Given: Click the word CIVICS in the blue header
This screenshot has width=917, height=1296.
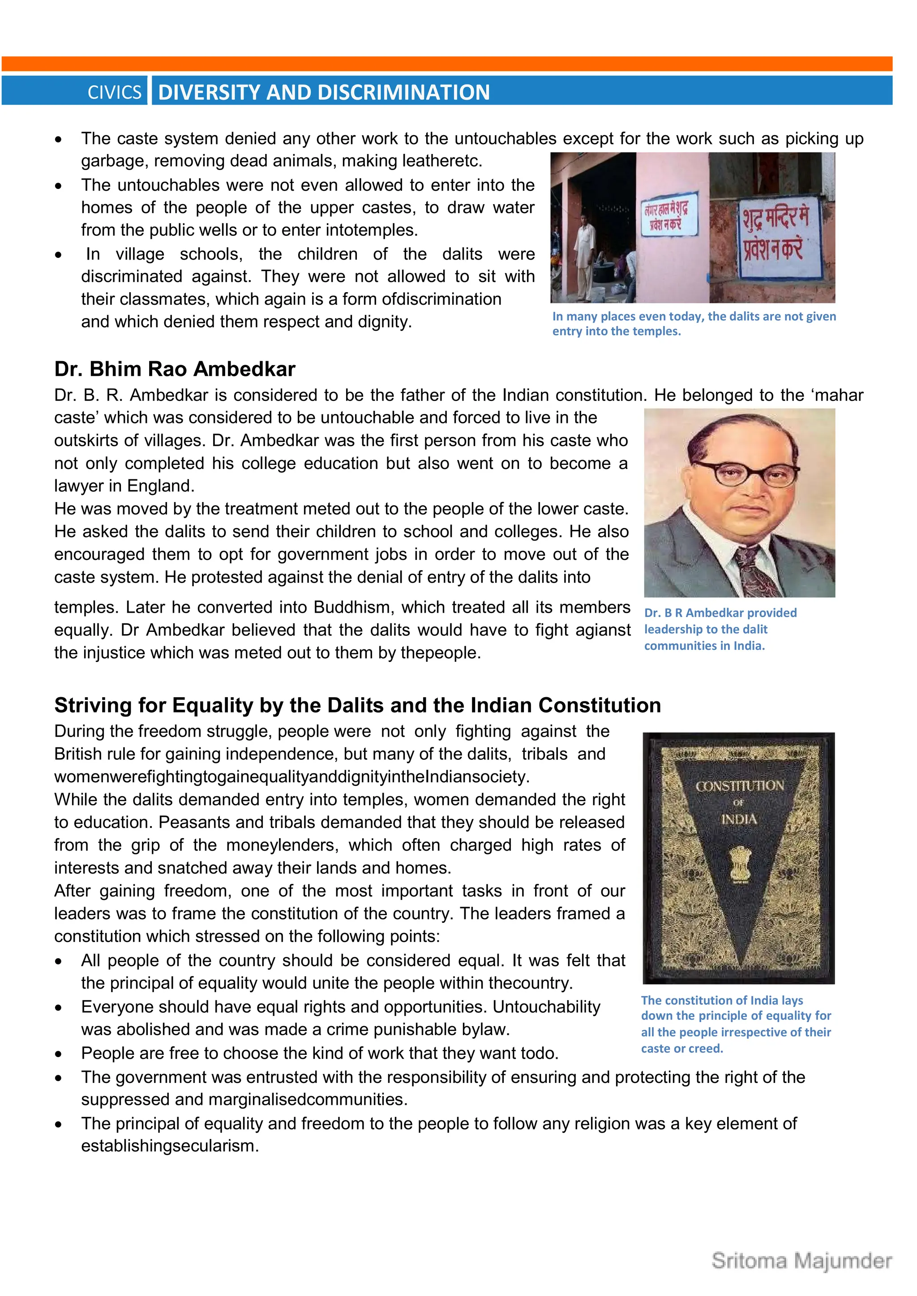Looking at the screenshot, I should tap(115, 92).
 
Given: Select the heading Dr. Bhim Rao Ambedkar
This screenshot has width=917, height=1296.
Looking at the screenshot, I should tap(175, 369).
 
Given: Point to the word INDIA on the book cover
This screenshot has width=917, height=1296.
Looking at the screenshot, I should tap(738, 819).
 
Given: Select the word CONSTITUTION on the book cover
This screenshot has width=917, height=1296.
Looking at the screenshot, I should tap(739, 786).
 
